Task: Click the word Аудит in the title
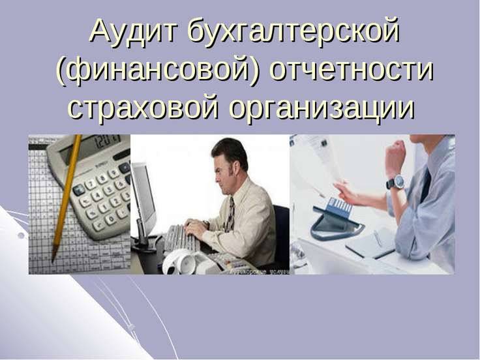134,32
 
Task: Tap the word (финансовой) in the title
158,70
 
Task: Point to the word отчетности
352,71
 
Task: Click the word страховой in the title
143,109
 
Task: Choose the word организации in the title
322,110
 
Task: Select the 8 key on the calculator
102,178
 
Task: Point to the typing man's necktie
230,215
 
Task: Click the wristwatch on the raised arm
396,183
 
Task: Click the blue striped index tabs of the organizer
340,205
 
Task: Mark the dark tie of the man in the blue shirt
426,185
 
